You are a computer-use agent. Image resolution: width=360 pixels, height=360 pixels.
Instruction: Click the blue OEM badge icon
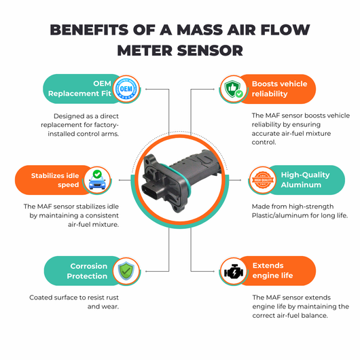[126, 88]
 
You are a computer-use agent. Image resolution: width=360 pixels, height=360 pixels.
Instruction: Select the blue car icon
[97, 180]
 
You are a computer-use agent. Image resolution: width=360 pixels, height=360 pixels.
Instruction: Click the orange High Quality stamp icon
[263, 180]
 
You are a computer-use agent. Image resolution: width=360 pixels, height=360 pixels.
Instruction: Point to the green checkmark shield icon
[126, 271]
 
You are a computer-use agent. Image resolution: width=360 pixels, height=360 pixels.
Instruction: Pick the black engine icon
[234, 271]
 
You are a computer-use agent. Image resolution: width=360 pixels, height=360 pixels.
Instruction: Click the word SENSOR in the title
[210, 50]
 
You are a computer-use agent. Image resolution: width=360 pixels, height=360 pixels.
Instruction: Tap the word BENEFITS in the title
[89, 30]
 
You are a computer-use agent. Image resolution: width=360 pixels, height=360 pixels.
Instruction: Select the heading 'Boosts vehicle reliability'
[279, 88]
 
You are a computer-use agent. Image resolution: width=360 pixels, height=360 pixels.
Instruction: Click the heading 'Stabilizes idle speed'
[55, 180]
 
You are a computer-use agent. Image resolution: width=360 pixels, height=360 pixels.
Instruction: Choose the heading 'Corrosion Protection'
[87, 271]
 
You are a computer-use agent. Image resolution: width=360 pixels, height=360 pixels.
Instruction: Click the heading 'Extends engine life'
[272, 270]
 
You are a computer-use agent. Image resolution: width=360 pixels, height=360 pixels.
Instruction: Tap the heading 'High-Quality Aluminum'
[306, 180]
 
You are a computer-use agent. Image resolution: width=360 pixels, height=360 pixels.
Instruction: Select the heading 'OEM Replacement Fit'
[79, 88]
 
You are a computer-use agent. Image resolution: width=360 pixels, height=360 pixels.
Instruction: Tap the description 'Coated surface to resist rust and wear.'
[74, 302]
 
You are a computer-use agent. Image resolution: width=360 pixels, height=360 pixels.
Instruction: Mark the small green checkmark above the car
[97, 174]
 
